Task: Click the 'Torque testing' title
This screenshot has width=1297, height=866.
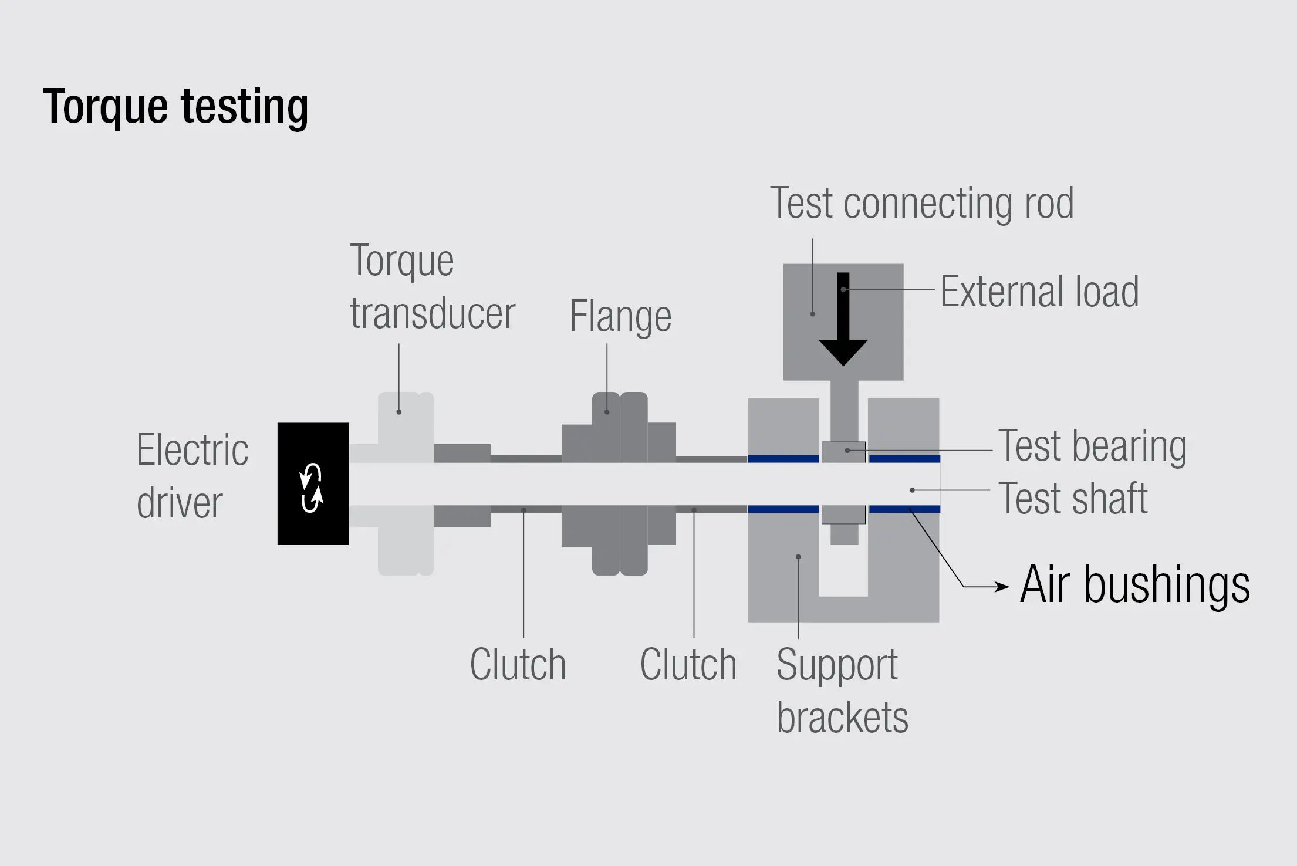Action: coord(175,107)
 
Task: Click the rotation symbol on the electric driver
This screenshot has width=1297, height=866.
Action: coord(312,488)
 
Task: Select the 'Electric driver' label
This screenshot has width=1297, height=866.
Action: coord(192,476)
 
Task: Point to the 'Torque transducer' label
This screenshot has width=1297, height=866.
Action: coord(432,287)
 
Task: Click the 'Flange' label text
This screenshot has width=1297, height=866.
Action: coord(620,317)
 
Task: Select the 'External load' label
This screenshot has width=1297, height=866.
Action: coord(1039,292)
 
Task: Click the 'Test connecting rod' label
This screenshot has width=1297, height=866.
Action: coord(921,204)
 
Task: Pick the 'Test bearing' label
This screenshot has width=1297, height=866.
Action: coord(1092,446)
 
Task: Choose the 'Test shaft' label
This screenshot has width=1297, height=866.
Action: coord(1073,499)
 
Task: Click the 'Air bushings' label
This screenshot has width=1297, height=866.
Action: coord(1134,584)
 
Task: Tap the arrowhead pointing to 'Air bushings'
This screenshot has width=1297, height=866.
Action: coord(1002,586)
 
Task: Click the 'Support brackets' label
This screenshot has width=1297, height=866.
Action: coord(842,691)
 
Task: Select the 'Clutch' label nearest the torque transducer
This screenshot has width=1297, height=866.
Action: coord(518,665)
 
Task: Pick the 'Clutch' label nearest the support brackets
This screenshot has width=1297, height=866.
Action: coord(688,665)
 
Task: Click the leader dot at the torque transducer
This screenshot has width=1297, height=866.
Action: coord(399,412)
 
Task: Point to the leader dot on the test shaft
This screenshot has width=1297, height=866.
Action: coord(912,490)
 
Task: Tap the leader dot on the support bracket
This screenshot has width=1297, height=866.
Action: coord(798,557)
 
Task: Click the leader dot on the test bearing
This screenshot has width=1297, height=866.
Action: coord(847,451)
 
